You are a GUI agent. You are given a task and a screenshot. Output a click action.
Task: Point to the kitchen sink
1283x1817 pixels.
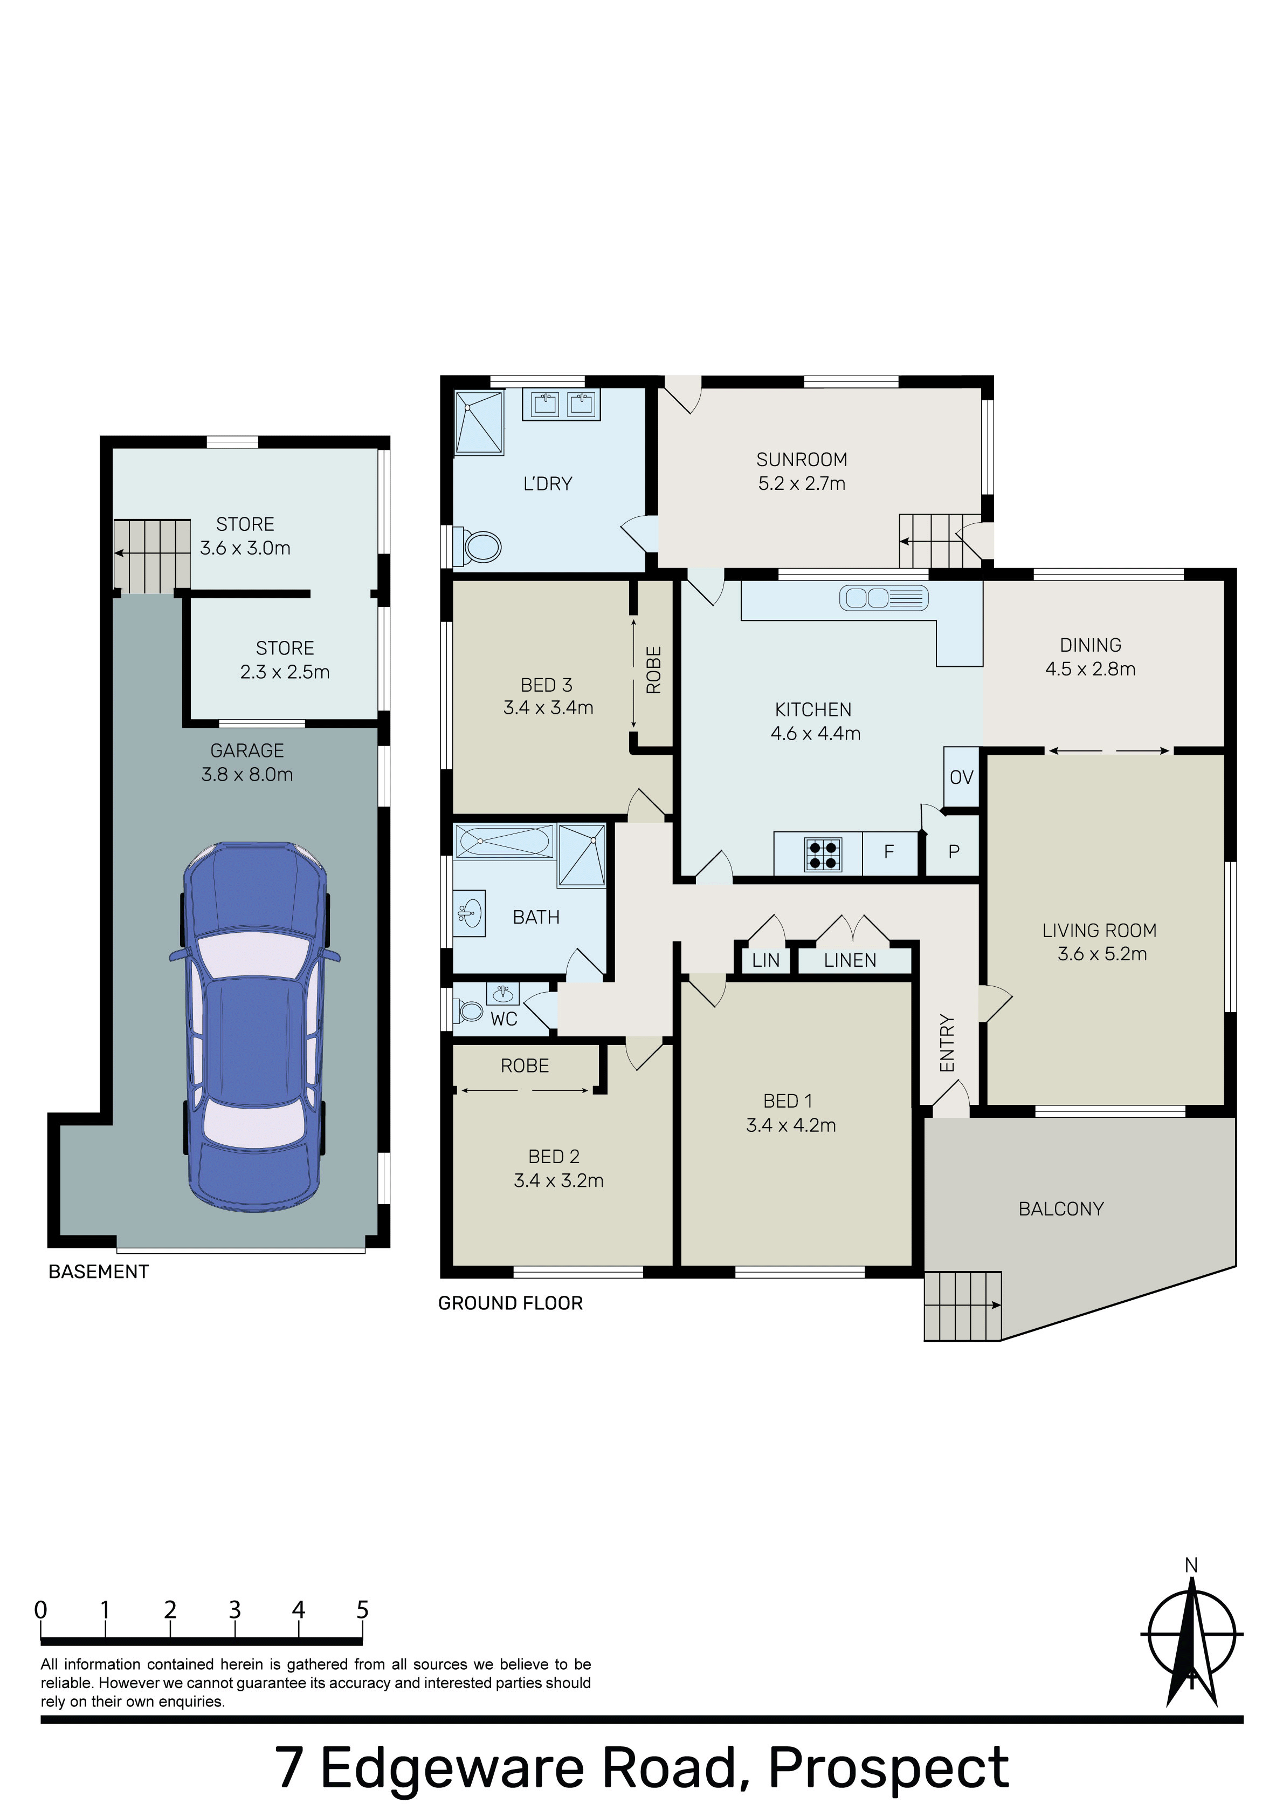click(x=884, y=598)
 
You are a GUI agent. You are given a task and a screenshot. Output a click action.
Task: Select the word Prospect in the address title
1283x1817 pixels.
click(x=888, y=1764)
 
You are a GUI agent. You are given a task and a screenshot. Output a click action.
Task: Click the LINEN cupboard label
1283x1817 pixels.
click(x=850, y=960)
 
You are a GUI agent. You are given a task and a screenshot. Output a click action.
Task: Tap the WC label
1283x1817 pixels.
click(x=504, y=1019)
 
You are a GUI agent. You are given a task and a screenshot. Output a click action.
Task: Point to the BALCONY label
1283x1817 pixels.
click(x=1061, y=1208)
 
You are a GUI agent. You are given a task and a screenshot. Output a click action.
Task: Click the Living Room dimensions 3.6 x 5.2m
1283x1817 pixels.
click(x=1102, y=954)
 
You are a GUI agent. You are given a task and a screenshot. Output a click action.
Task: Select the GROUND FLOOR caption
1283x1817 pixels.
click(x=510, y=1303)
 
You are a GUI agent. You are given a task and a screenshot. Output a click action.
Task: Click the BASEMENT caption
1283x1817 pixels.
click(x=99, y=1272)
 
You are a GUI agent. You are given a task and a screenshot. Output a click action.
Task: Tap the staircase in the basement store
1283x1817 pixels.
click(x=152, y=556)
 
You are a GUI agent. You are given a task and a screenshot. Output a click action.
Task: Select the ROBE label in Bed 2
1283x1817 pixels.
click(x=525, y=1066)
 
